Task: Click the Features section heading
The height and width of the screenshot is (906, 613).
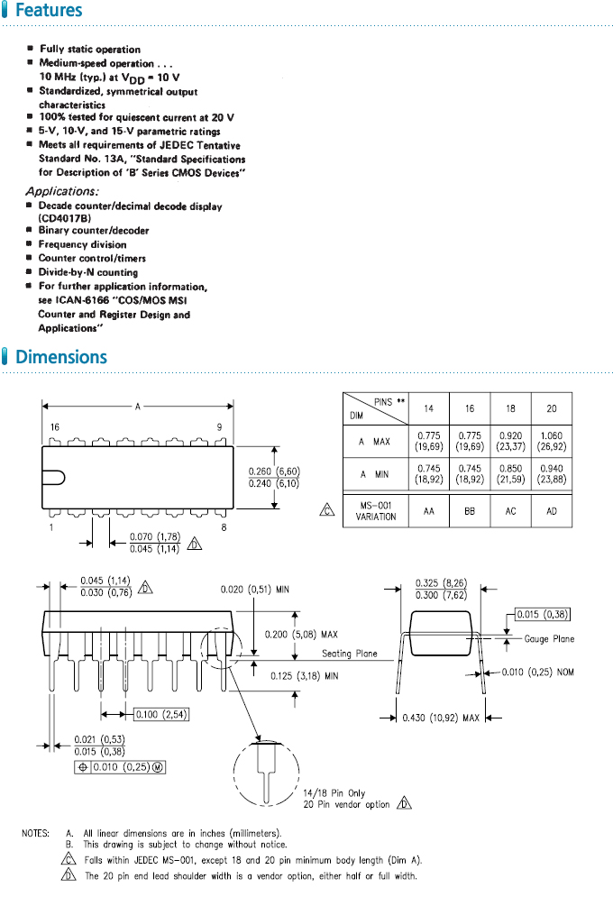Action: [x=49, y=12]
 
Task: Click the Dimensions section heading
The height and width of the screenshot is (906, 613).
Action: [x=60, y=357]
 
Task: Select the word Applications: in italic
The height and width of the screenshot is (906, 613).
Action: [x=61, y=191]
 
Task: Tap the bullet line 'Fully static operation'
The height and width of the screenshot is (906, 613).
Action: [x=89, y=49]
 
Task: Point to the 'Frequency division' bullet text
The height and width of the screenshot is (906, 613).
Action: [x=82, y=244]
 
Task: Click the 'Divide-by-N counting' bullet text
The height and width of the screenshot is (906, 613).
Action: [x=87, y=272]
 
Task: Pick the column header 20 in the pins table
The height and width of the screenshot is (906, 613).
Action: [x=552, y=408]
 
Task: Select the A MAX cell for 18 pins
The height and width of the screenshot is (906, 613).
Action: [x=510, y=441]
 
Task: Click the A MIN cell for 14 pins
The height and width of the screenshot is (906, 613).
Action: [x=427, y=474]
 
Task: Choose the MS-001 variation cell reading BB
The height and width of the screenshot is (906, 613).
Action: [x=469, y=510]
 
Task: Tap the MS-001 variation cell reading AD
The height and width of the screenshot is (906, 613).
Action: [x=552, y=510]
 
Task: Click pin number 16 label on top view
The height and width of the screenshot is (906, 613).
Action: [x=55, y=426]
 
